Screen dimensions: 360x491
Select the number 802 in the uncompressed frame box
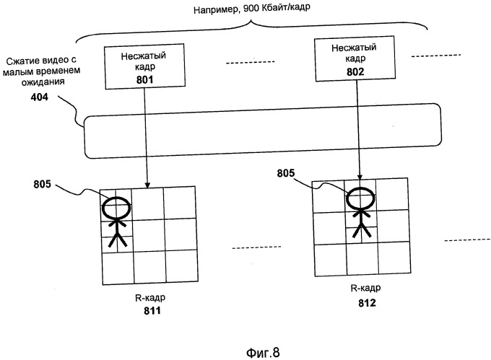coord(355,72)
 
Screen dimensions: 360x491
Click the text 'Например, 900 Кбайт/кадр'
coord(248,9)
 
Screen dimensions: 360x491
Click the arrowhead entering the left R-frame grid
coord(147,184)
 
